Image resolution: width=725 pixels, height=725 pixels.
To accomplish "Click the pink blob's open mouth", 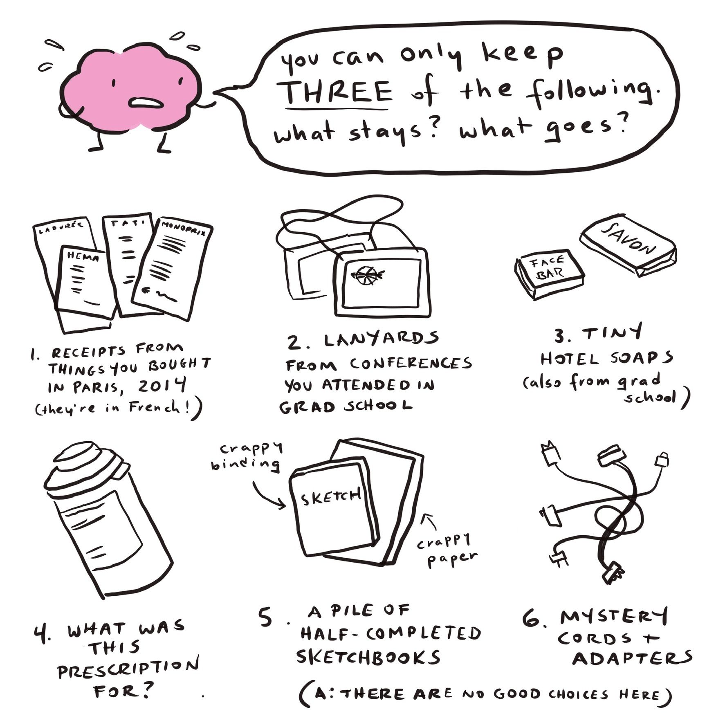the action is (x=146, y=102).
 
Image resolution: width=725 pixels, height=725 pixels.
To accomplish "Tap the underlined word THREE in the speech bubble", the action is (x=338, y=92).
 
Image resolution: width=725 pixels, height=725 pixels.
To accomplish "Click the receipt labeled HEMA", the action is (x=86, y=282).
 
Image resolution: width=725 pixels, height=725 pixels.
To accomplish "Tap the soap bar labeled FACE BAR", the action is (x=549, y=274).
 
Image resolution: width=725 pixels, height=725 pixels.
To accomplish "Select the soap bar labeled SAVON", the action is (x=628, y=245).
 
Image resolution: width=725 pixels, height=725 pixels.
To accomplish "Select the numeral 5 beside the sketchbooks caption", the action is (x=265, y=617).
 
